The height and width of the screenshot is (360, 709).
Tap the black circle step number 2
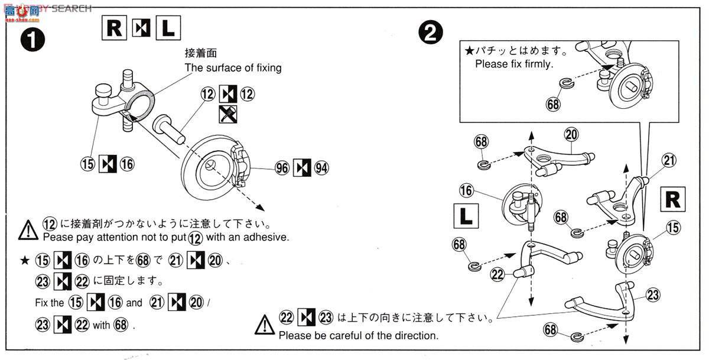[x=431, y=33]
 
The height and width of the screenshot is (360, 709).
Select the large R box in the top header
[x=114, y=28]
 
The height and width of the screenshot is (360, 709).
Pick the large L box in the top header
[x=168, y=28]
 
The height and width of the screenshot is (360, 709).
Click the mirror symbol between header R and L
[x=141, y=28]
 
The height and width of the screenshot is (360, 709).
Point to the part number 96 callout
[x=282, y=168]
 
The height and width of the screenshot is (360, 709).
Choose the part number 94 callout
[x=321, y=168]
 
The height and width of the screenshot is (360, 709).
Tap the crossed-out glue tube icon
[x=228, y=114]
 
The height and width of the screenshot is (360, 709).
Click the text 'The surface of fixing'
[x=233, y=68]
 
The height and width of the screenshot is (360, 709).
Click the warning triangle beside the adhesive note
[x=28, y=230]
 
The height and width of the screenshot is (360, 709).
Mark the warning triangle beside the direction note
[x=265, y=325]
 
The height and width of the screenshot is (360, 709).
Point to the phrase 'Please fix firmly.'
[x=514, y=64]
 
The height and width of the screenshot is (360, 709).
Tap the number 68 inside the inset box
[x=553, y=104]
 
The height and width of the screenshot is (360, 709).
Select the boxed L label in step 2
[x=466, y=216]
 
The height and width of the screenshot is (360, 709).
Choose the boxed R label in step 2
[x=673, y=199]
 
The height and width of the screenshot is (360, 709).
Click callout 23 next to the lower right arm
[x=653, y=295]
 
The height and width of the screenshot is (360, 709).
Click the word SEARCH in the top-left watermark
[x=71, y=8]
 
